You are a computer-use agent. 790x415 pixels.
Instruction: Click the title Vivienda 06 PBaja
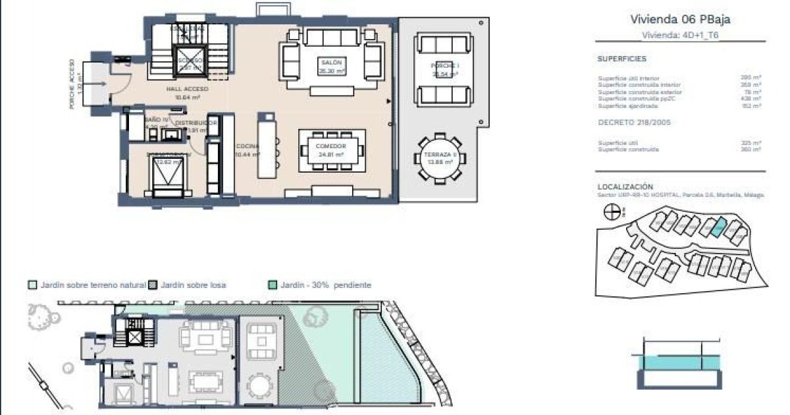click(680, 20)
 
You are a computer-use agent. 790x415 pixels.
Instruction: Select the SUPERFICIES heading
click(621, 59)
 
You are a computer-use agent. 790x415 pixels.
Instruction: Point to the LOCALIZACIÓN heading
click(625, 187)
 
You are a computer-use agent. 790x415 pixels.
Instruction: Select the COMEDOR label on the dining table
click(331, 147)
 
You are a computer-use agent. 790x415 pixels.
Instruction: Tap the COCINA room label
click(248, 146)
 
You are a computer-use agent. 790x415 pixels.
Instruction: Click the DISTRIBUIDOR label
click(196, 123)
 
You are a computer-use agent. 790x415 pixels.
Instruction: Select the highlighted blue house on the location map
click(718, 227)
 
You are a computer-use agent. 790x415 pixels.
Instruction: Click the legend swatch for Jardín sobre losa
click(153, 285)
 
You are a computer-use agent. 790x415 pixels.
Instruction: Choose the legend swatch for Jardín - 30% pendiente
click(273, 285)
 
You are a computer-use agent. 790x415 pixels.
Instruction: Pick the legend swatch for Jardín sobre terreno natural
click(32, 285)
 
